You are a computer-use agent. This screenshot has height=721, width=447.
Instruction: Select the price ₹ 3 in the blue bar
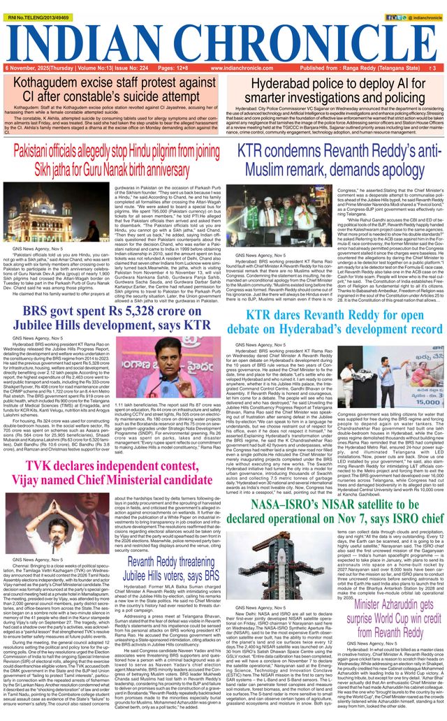click(434, 68)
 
